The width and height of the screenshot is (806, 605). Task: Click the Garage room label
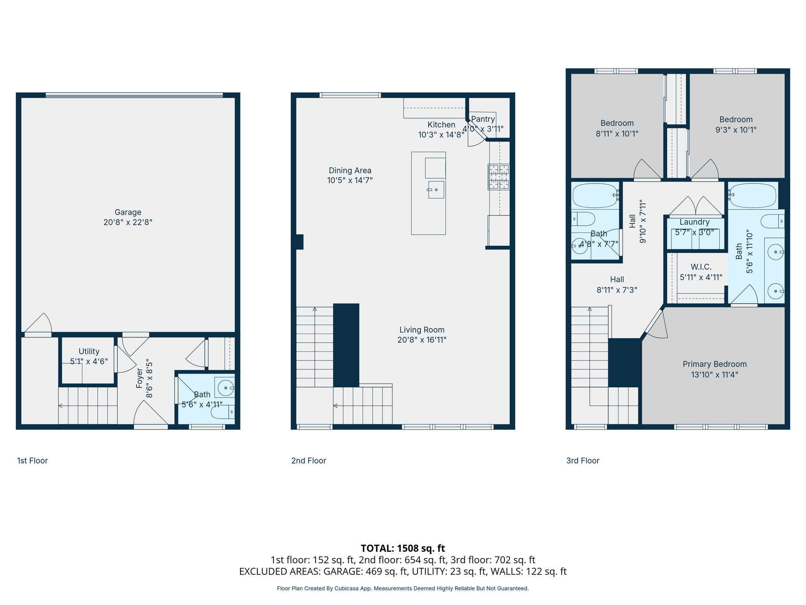coord(128,212)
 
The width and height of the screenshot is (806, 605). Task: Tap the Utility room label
coord(89,351)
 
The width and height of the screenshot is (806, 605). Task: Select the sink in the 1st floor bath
coord(226,388)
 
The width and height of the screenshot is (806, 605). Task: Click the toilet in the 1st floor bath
coord(221,412)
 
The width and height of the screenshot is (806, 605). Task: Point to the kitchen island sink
coord(436,190)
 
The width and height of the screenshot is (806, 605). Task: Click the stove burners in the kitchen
coord(499,177)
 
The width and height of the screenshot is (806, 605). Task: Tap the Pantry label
coord(483,119)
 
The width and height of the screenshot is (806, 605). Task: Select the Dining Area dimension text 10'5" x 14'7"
coord(350,180)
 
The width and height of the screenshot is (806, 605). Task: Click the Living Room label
coord(422,330)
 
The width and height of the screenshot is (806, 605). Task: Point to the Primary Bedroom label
coord(715,364)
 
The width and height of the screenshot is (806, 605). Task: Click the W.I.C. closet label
coord(701,267)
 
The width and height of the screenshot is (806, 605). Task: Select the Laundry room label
coord(695,222)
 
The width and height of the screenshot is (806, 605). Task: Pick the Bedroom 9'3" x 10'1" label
coord(736,119)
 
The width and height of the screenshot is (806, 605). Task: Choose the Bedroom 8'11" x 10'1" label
coord(617,123)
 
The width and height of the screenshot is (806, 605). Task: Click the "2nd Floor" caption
coord(309,460)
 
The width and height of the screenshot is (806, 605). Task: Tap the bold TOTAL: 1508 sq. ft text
coord(403,548)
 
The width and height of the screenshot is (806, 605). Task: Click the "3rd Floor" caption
coord(582,460)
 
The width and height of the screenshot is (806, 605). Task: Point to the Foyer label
coord(139,378)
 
